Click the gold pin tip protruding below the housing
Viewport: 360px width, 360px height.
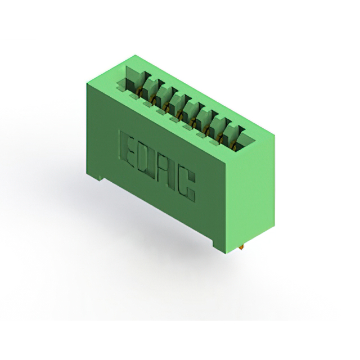pos(241,247)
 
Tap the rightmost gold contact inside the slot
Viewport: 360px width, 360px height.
pos(233,145)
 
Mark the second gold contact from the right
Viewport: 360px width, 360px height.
pos(220,138)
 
